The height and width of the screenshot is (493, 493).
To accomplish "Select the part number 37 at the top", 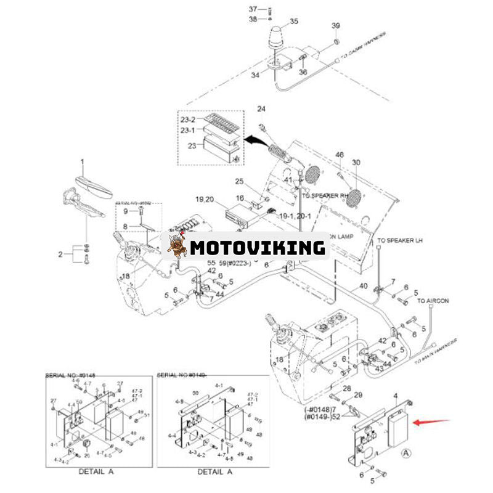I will tap(253, 9).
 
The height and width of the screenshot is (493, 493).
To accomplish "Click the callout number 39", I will tap(336, 25).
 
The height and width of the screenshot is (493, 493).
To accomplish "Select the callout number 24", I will tap(261, 109).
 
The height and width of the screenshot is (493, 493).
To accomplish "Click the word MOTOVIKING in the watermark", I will tap(257, 248).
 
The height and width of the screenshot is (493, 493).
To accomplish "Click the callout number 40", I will tap(364, 286).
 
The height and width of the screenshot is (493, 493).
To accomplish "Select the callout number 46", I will tap(339, 155).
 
